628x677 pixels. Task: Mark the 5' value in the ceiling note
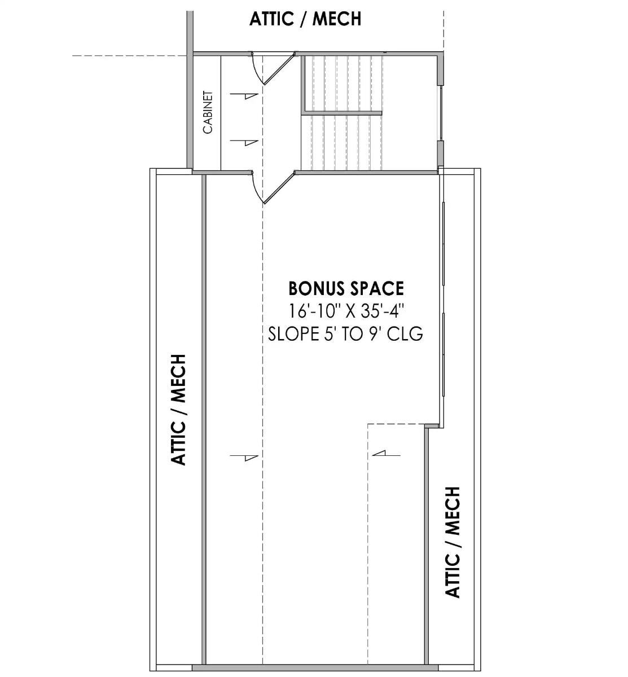tap(328, 334)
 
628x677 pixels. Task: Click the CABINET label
tap(208, 112)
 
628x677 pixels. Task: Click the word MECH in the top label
tap(337, 19)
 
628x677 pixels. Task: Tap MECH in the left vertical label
tap(178, 378)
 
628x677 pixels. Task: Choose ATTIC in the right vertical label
tap(453, 575)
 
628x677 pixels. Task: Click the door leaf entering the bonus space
tap(279, 188)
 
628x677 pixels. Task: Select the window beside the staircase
tap(441, 113)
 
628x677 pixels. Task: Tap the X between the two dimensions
tap(350, 311)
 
